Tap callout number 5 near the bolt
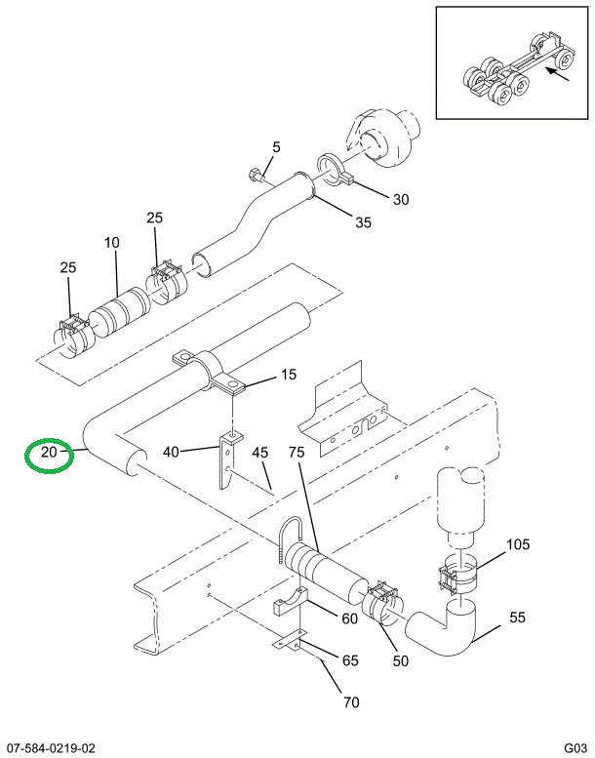coord(276,147)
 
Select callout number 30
coord(401,200)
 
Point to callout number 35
coord(363,222)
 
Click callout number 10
coord(112,242)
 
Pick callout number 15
coord(288,375)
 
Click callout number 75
coord(297,452)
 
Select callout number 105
coord(517,544)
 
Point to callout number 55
coord(517,618)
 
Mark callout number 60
coord(349,616)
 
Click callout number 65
coord(349,660)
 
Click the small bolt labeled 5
coord(256,177)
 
